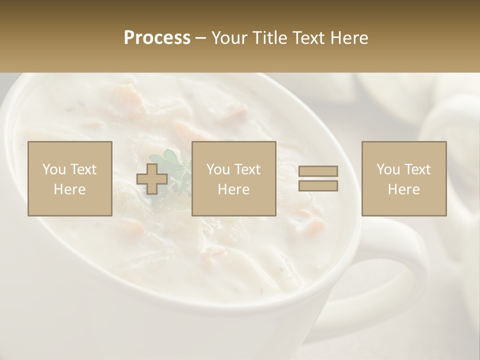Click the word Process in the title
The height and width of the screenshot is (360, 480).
coord(157,38)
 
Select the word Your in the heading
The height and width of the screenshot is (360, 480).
coord(230,38)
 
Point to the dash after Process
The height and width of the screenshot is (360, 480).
coord(200,38)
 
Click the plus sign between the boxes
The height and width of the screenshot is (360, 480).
coord(152,178)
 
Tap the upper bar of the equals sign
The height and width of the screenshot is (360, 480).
coord(318,171)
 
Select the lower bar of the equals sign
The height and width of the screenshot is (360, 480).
coord(318,185)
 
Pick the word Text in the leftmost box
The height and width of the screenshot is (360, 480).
coord(83,169)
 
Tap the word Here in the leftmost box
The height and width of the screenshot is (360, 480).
coord(69,189)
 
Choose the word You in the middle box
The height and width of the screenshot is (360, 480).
coord(218,169)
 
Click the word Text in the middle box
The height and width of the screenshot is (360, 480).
coord(247,169)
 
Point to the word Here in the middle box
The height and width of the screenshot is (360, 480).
coord(233,189)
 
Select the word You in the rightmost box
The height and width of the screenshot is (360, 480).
coord(388,169)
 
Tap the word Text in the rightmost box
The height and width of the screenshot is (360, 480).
coord(417,169)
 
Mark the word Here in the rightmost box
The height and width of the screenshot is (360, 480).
coord(403,189)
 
